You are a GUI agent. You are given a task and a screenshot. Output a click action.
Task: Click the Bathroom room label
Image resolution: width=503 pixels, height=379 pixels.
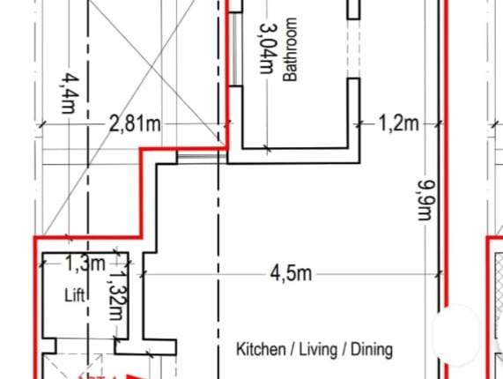tap(291, 50)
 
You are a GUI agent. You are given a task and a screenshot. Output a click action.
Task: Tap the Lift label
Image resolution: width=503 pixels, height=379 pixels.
tap(76, 296)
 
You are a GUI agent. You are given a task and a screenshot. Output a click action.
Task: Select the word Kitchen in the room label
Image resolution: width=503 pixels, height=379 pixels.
tap(261, 350)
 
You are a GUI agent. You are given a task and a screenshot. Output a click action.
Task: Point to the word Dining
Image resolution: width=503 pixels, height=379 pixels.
tap(372, 350)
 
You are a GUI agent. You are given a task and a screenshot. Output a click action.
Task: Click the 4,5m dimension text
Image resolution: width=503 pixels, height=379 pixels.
tap(291, 274)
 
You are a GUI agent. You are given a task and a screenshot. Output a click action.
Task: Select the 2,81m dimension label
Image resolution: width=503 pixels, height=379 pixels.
tap(135, 124)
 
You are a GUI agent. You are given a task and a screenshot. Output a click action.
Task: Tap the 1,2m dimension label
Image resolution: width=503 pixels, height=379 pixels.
tap(399, 123)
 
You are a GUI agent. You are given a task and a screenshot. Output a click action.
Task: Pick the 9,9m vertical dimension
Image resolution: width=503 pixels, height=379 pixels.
tap(427, 201)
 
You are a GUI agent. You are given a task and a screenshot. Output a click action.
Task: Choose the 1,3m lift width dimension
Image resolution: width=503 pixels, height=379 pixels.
tap(85, 263)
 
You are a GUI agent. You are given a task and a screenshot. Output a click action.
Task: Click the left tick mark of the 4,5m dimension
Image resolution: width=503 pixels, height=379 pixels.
tap(143, 274)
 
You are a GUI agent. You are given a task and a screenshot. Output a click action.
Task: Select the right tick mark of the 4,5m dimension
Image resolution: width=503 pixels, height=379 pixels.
tap(440, 274)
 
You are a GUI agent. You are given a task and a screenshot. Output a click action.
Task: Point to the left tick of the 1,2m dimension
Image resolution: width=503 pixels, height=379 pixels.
tap(360, 124)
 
